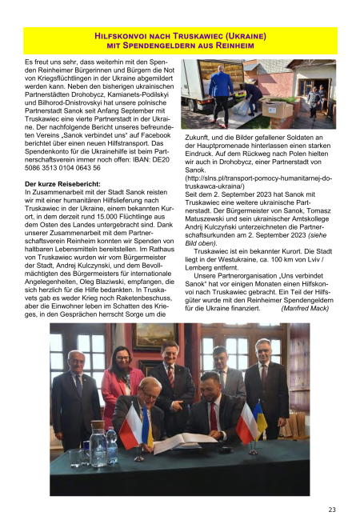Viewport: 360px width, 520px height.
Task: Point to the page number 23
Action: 331,509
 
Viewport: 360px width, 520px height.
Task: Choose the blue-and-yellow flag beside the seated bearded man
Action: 258,421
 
